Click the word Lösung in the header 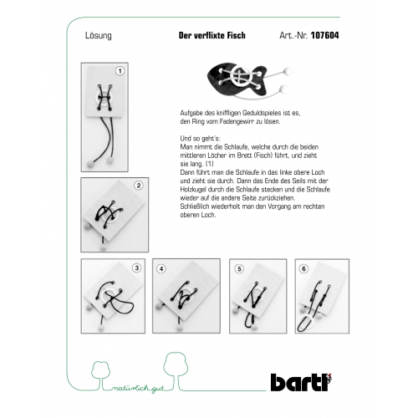99,36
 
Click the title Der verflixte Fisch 212,35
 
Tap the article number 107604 324,35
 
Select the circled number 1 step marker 120,71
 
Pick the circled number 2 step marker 139,186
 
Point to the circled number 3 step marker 136,268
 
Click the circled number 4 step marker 161,269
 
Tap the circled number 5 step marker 239,269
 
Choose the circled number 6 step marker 304,269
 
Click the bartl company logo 302,382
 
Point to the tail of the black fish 258,81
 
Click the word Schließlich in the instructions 194,206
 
